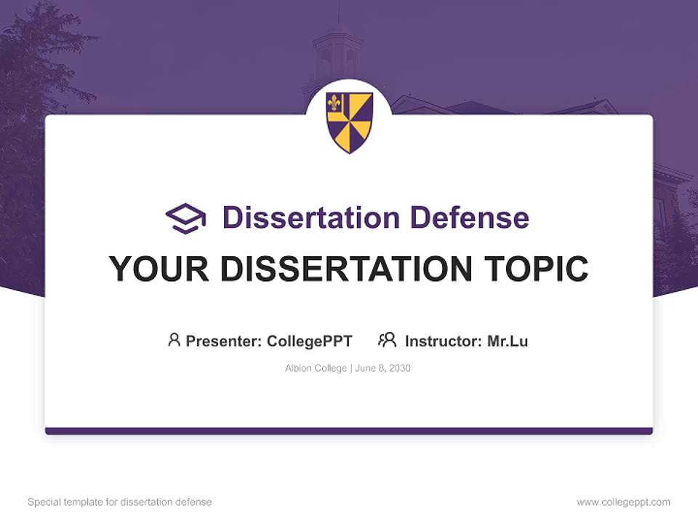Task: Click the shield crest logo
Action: [x=349, y=122]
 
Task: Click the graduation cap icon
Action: [x=185, y=218]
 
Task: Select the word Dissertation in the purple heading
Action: [x=310, y=218]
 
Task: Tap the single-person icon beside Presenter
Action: [x=174, y=340]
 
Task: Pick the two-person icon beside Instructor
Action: [x=387, y=340]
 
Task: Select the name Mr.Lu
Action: [x=508, y=341]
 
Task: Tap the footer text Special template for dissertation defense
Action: [x=120, y=502]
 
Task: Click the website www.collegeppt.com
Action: [x=623, y=502]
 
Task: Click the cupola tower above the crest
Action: [x=337, y=51]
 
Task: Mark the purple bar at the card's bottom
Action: [x=349, y=431]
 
